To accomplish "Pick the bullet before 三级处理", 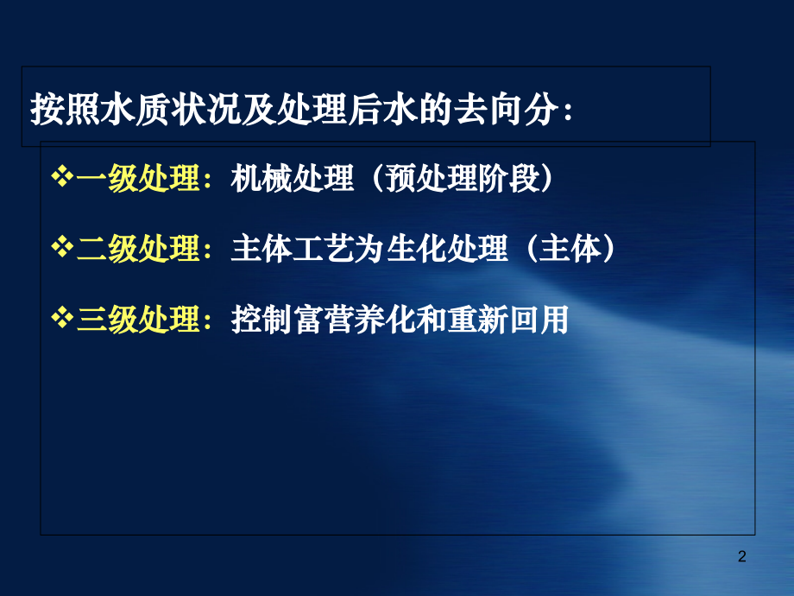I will (63, 320).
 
